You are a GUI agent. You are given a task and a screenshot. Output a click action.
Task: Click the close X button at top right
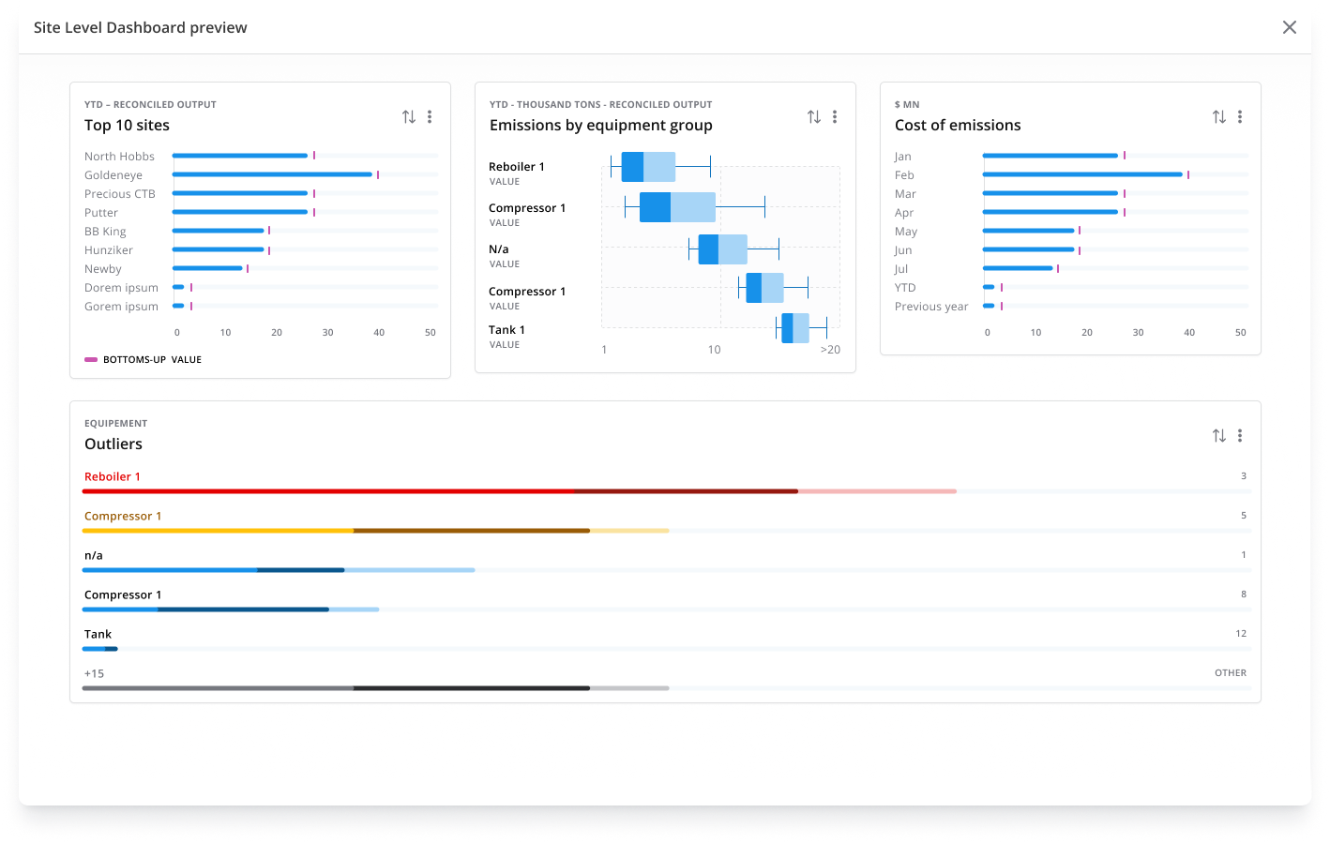point(1290,27)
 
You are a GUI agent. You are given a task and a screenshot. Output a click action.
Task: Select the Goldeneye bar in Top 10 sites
point(272,174)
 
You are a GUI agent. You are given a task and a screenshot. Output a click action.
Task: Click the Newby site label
point(103,269)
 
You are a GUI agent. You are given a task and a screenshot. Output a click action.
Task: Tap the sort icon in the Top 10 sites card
point(409,117)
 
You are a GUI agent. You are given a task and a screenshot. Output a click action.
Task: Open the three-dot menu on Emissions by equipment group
point(835,117)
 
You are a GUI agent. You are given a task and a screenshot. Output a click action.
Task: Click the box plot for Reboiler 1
point(648,167)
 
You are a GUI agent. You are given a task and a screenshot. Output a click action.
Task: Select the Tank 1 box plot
point(794,328)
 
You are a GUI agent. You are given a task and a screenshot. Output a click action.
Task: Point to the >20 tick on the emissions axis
point(830,350)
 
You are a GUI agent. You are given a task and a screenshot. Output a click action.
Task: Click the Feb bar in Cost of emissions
point(1082,174)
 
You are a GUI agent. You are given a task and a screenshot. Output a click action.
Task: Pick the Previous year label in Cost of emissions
point(931,307)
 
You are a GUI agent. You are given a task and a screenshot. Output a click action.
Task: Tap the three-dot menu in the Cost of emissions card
point(1240,117)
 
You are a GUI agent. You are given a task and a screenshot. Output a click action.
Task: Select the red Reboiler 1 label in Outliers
point(113,476)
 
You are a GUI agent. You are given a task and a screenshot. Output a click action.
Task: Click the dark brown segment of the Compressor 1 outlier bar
point(471,531)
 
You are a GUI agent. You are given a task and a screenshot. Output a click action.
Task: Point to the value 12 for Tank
point(1241,634)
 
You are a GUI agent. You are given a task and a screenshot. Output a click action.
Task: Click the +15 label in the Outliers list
point(94,673)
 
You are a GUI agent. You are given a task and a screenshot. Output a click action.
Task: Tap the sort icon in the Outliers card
point(1219,436)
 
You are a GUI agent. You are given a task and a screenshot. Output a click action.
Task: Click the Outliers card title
point(113,444)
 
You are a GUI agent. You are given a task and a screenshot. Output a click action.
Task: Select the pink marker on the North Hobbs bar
point(314,156)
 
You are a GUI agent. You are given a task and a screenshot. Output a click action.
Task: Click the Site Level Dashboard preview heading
point(141,28)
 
